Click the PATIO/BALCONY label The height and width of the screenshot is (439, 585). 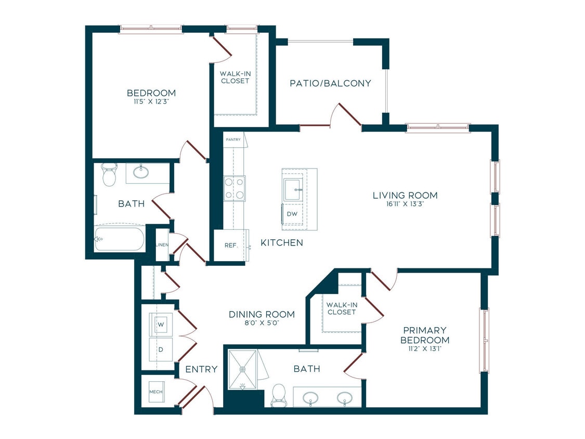[330, 83]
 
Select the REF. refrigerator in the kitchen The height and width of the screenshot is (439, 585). [231, 245]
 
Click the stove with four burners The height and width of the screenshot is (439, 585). [234, 188]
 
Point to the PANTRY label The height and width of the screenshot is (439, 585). [232, 139]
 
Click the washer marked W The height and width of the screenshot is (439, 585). [161, 325]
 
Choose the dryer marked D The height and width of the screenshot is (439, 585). [161, 350]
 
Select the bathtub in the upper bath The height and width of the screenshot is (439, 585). [119, 239]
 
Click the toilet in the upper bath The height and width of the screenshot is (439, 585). [109, 175]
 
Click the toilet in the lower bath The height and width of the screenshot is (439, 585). [279, 395]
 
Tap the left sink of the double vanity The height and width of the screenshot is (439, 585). [311, 398]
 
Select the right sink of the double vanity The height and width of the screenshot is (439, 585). [344, 398]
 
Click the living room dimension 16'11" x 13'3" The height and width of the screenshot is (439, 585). [405, 204]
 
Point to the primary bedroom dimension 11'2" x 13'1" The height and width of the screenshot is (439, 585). [424, 350]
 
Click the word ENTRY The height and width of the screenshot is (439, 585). [201, 369]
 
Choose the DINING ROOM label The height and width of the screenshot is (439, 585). [262, 315]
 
